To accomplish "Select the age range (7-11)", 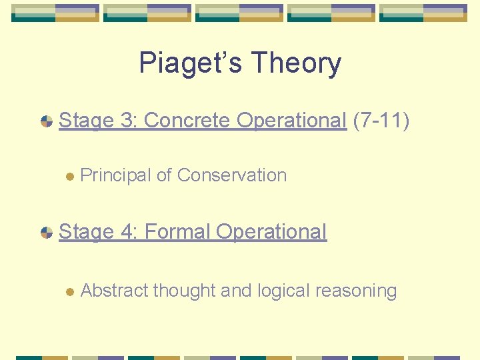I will click(381, 120).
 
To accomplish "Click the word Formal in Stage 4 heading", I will click(177, 232).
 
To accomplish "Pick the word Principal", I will click(115, 175).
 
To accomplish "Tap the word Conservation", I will click(232, 175).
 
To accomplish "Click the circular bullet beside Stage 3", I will click(47, 121).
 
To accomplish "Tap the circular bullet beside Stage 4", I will click(47, 233).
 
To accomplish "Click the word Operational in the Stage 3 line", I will click(292, 120).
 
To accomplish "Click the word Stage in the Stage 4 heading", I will click(87, 232).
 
